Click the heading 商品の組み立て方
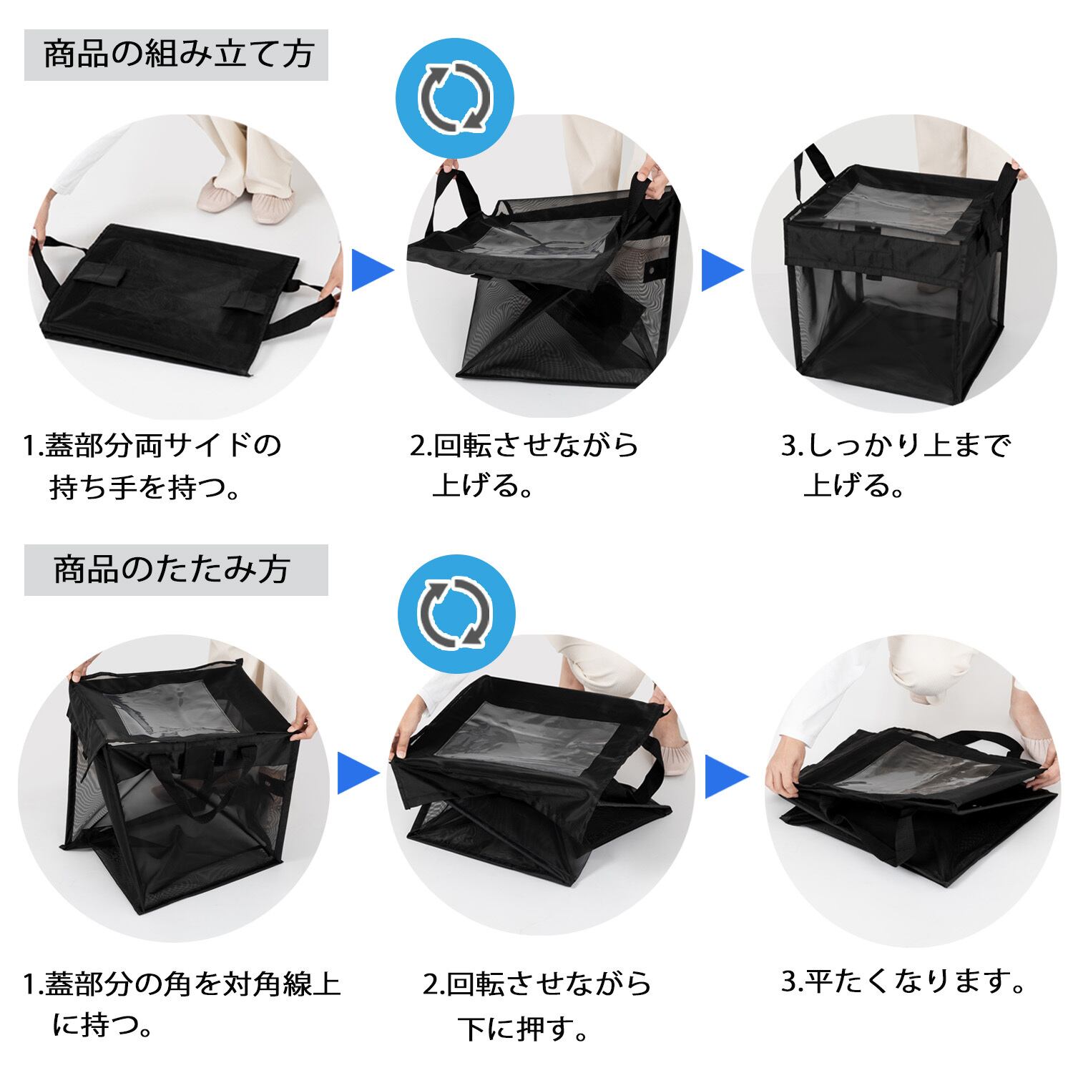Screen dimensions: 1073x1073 click(x=178, y=55)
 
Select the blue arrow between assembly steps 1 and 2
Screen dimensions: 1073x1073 click(x=373, y=270)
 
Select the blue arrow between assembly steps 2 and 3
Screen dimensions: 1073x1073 click(x=722, y=270)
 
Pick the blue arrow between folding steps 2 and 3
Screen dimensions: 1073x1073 click(x=727, y=775)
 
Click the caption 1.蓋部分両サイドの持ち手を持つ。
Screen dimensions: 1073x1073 click(x=152, y=466)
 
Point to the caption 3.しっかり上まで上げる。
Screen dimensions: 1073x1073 click(x=896, y=466)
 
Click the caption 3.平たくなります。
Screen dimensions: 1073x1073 click(x=903, y=981)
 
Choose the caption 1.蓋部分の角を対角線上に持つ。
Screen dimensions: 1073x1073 click(x=182, y=1004)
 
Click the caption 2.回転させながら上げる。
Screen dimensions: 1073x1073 click(x=524, y=466)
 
